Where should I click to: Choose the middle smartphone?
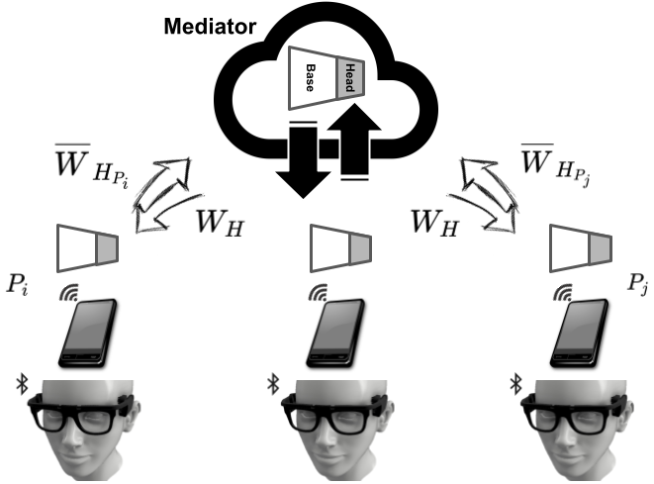333,334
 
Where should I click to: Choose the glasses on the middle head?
330,417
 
